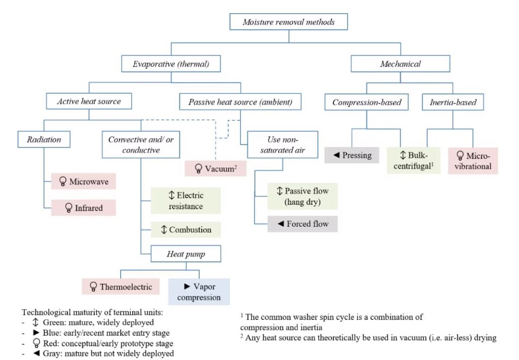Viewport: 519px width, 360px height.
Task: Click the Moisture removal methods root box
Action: click(288, 22)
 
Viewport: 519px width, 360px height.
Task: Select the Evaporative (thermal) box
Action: click(171, 64)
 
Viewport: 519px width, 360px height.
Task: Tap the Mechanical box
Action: click(400, 64)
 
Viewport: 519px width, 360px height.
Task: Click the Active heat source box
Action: click(89, 101)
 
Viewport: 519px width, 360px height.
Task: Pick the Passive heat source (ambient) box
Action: click(240, 101)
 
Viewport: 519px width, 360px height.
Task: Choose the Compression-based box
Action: click(366, 102)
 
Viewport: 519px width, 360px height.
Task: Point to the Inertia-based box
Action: click(450, 102)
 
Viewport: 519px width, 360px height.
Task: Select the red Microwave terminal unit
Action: click(84, 181)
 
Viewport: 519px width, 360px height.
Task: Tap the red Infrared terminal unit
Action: click(84, 207)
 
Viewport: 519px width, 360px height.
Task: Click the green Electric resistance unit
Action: click(186, 200)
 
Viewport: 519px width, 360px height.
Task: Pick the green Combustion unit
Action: click(186, 230)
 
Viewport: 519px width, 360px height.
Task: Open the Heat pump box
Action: click(186, 254)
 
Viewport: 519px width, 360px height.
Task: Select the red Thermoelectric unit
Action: click(121, 287)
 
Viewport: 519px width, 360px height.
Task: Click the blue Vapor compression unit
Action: click(199, 292)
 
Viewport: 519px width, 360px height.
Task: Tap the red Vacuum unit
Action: click(216, 168)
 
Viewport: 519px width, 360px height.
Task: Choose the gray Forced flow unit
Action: click(303, 224)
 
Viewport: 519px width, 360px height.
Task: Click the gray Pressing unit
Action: click(352, 155)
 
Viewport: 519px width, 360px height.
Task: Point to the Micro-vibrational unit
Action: click(472, 161)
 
